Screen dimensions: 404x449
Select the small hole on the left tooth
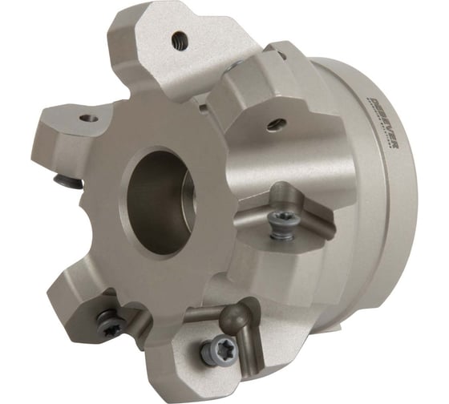tap(90, 119)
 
